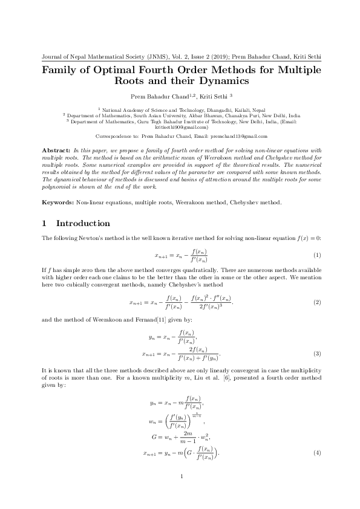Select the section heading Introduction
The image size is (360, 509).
(x=83, y=224)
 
